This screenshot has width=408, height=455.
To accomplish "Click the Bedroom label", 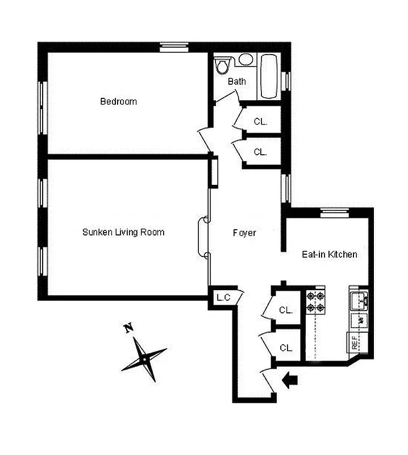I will (x=118, y=102).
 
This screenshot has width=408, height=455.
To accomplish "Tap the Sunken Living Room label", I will (x=123, y=232).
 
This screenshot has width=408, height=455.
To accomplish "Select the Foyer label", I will (x=244, y=233).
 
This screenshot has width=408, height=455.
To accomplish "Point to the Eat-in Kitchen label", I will (x=329, y=254).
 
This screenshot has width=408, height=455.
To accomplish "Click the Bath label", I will (x=237, y=81).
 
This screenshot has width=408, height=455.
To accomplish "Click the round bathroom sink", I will (x=245, y=59).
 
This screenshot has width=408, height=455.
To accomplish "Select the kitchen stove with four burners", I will (x=314, y=302).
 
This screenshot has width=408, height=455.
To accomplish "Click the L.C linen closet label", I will (x=222, y=297).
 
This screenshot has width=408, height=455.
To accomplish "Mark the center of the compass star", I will (x=144, y=358).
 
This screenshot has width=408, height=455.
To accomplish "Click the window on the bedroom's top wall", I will (x=173, y=48).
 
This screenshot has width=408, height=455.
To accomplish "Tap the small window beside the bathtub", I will (x=288, y=80).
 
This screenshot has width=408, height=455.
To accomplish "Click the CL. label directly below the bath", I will (x=260, y=121).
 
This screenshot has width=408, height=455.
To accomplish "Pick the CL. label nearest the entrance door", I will (x=286, y=347).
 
